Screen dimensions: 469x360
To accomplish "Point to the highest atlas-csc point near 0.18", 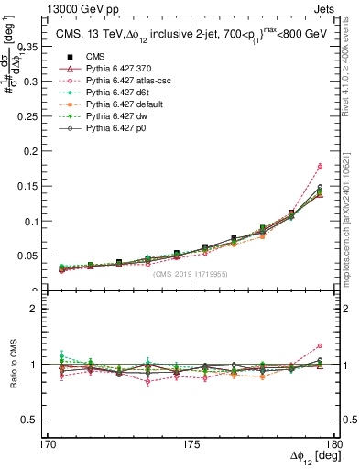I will point(319,166).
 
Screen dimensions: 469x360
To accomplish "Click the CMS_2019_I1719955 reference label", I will point(191,273).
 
